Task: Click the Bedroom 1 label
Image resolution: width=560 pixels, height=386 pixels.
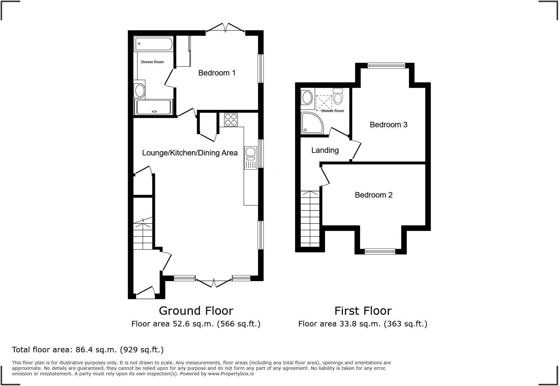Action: tap(217, 73)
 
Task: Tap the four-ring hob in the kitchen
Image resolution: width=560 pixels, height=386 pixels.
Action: tap(231, 119)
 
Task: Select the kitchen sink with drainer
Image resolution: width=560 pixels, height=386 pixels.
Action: tap(251, 158)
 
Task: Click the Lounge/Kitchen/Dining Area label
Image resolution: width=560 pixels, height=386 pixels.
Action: tap(190, 153)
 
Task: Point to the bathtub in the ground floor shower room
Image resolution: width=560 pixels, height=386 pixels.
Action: tap(154, 44)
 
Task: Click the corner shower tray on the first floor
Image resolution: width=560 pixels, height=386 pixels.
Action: tap(312, 123)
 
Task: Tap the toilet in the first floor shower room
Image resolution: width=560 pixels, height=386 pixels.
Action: tap(338, 96)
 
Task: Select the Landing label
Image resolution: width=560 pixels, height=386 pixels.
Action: tap(325, 150)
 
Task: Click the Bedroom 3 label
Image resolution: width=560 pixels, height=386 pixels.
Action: tap(388, 125)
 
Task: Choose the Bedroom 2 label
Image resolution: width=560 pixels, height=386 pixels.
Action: tap(373, 195)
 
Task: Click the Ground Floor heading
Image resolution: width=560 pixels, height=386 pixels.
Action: tap(196, 311)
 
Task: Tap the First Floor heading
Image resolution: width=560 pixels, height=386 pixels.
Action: tap(363, 311)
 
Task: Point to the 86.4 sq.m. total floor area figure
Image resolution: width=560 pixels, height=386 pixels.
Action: tap(96, 350)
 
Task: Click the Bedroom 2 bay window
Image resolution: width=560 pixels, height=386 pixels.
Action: tap(380, 251)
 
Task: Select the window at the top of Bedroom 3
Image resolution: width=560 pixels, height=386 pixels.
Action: tap(386, 66)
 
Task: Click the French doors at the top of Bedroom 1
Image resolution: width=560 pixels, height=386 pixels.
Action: tap(225, 28)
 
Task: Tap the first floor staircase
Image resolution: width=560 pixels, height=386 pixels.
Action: tap(310, 219)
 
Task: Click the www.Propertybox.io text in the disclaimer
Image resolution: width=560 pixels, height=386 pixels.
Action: tap(231, 374)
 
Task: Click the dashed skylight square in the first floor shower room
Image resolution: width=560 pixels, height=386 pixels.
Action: tap(324, 102)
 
